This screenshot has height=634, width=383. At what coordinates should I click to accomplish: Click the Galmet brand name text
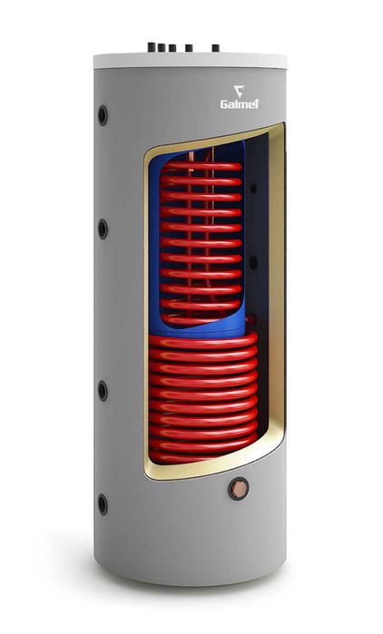pos(240,103)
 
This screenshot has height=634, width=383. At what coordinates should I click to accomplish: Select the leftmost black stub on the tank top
pos(152,47)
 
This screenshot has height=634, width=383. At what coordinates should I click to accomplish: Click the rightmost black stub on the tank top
pos(216,48)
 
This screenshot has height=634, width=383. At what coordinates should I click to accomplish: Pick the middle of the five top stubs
pos(172,48)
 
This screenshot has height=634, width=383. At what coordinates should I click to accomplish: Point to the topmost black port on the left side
pos(103,115)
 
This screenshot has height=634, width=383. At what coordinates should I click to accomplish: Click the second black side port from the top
pos(103,229)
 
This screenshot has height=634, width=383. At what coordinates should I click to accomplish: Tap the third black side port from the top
pos(103,391)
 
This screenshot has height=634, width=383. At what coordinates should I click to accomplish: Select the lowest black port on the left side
pos(103,504)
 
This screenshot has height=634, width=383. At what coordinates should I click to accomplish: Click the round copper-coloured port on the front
pos(238,489)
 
